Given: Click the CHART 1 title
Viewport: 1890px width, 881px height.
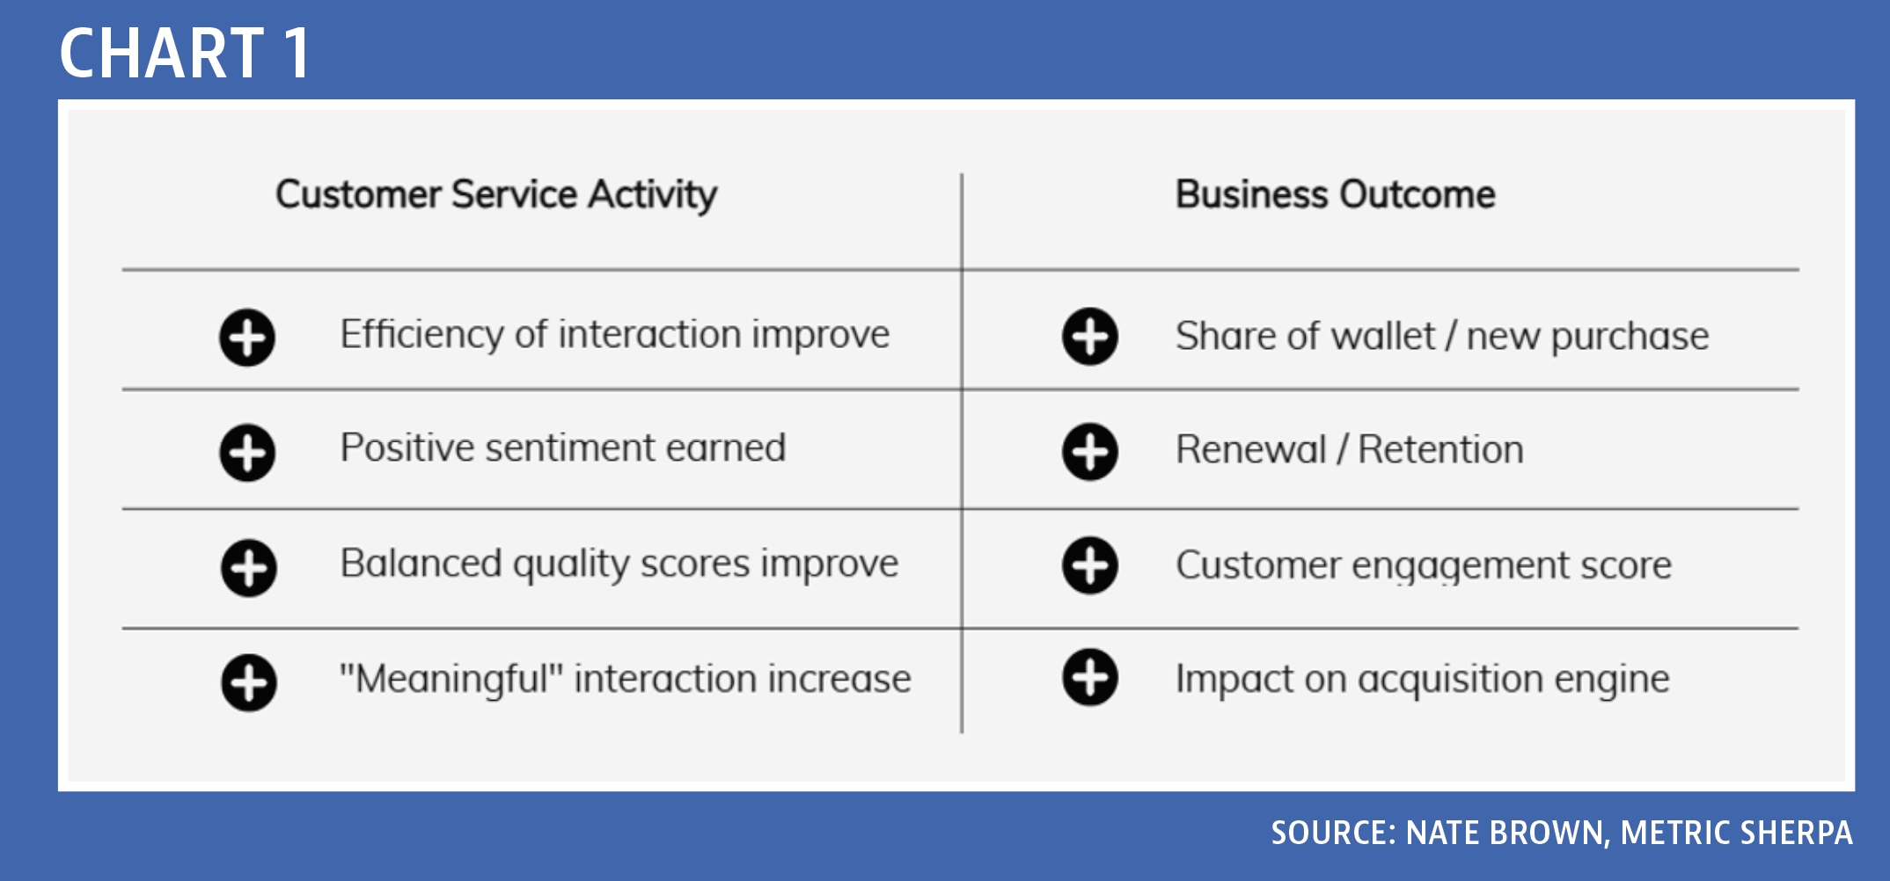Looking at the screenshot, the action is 185,53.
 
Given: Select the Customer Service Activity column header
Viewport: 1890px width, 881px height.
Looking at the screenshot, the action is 496,195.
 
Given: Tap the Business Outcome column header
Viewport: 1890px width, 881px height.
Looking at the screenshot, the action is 1336,194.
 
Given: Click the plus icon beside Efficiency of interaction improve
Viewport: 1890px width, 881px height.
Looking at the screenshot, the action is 247,337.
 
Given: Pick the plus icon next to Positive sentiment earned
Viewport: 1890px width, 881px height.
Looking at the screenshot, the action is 247,453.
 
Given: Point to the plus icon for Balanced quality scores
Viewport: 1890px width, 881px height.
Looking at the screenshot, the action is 249,568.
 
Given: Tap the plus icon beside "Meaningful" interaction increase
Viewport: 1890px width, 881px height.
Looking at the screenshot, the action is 249,682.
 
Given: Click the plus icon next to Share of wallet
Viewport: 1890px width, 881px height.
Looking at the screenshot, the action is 1090,336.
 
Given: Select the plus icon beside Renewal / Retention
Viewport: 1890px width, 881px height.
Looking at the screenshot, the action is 1090,452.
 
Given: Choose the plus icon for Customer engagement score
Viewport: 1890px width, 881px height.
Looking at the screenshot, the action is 1090,565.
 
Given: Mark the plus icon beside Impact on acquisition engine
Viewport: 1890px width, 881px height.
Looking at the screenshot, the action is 1090,678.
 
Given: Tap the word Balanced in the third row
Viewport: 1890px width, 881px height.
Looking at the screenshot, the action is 421,563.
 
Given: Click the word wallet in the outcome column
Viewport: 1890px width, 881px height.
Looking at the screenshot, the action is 1384,336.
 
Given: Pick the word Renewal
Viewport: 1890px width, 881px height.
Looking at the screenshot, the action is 1251,449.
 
